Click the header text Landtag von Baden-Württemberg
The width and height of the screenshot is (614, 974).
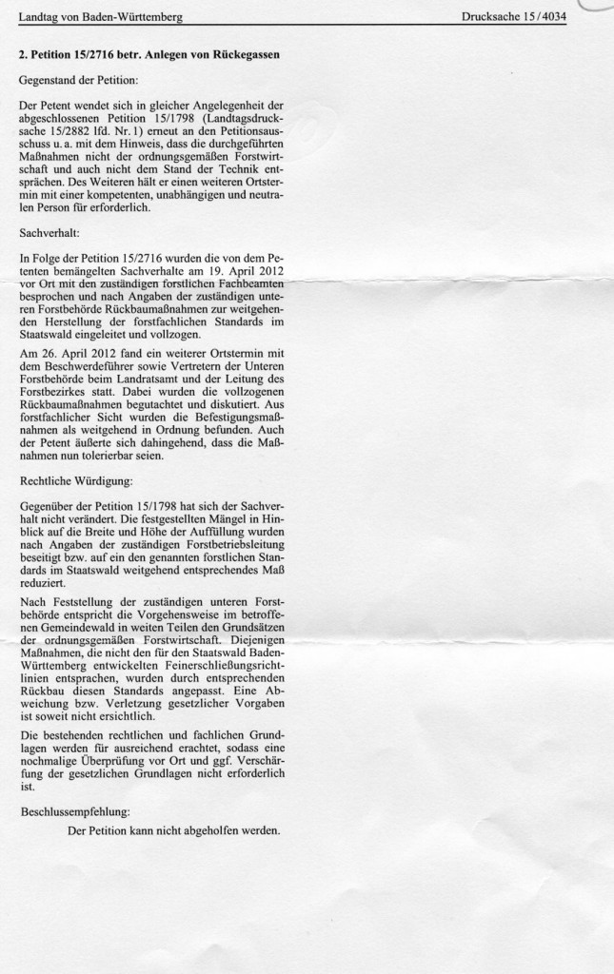[101, 17]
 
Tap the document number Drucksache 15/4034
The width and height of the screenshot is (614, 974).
[513, 17]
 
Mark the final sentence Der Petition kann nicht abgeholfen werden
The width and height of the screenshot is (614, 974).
[174, 829]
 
